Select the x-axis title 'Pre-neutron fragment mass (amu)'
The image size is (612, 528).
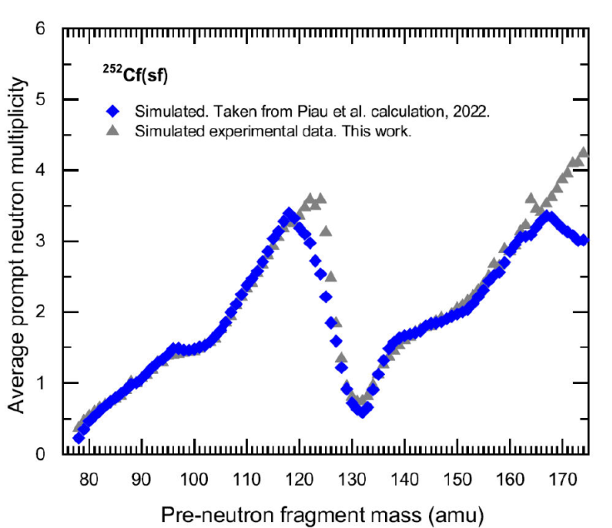coord(323,510)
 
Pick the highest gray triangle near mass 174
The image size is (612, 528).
coord(583,152)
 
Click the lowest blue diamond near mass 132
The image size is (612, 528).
coord(363,411)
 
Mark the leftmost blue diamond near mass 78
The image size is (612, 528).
coord(78,438)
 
